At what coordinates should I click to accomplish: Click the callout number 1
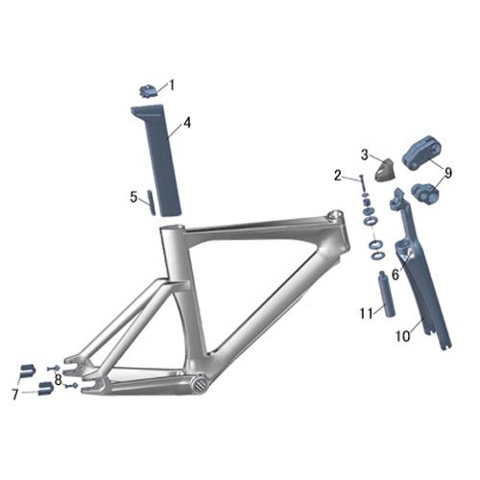pyautogui.click(x=173, y=84)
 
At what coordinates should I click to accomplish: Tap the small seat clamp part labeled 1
pyautogui.click(x=147, y=92)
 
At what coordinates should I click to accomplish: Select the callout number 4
pyautogui.click(x=187, y=123)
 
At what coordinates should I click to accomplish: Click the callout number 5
pyautogui.click(x=133, y=197)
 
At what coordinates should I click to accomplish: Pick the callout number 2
pyautogui.click(x=338, y=175)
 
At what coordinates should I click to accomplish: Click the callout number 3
pyautogui.click(x=365, y=154)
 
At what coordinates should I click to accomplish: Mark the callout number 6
pyautogui.click(x=395, y=275)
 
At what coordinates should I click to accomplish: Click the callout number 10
pyautogui.click(x=402, y=336)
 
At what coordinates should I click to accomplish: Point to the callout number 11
pyautogui.click(x=366, y=313)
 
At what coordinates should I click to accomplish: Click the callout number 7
pyautogui.click(x=15, y=394)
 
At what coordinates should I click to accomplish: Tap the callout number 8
pyautogui.click(x=59, y=379)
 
